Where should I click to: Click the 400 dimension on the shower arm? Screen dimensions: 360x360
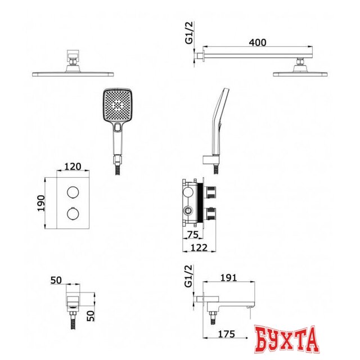pos(258,42)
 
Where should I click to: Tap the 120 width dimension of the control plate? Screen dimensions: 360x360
pos(73,166)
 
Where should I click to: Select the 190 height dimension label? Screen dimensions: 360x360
pos(41,203)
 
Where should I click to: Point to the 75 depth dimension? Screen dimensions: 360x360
pos(192,235)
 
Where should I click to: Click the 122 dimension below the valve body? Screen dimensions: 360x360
pos(199,247)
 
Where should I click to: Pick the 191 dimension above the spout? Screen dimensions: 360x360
pos(228,278)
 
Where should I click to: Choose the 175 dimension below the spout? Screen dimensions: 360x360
pos(226,334)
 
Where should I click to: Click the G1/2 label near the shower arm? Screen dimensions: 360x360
pos(190,33)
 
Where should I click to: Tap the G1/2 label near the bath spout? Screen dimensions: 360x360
pos(189,276)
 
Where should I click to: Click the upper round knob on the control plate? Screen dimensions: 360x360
pos(73,192)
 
